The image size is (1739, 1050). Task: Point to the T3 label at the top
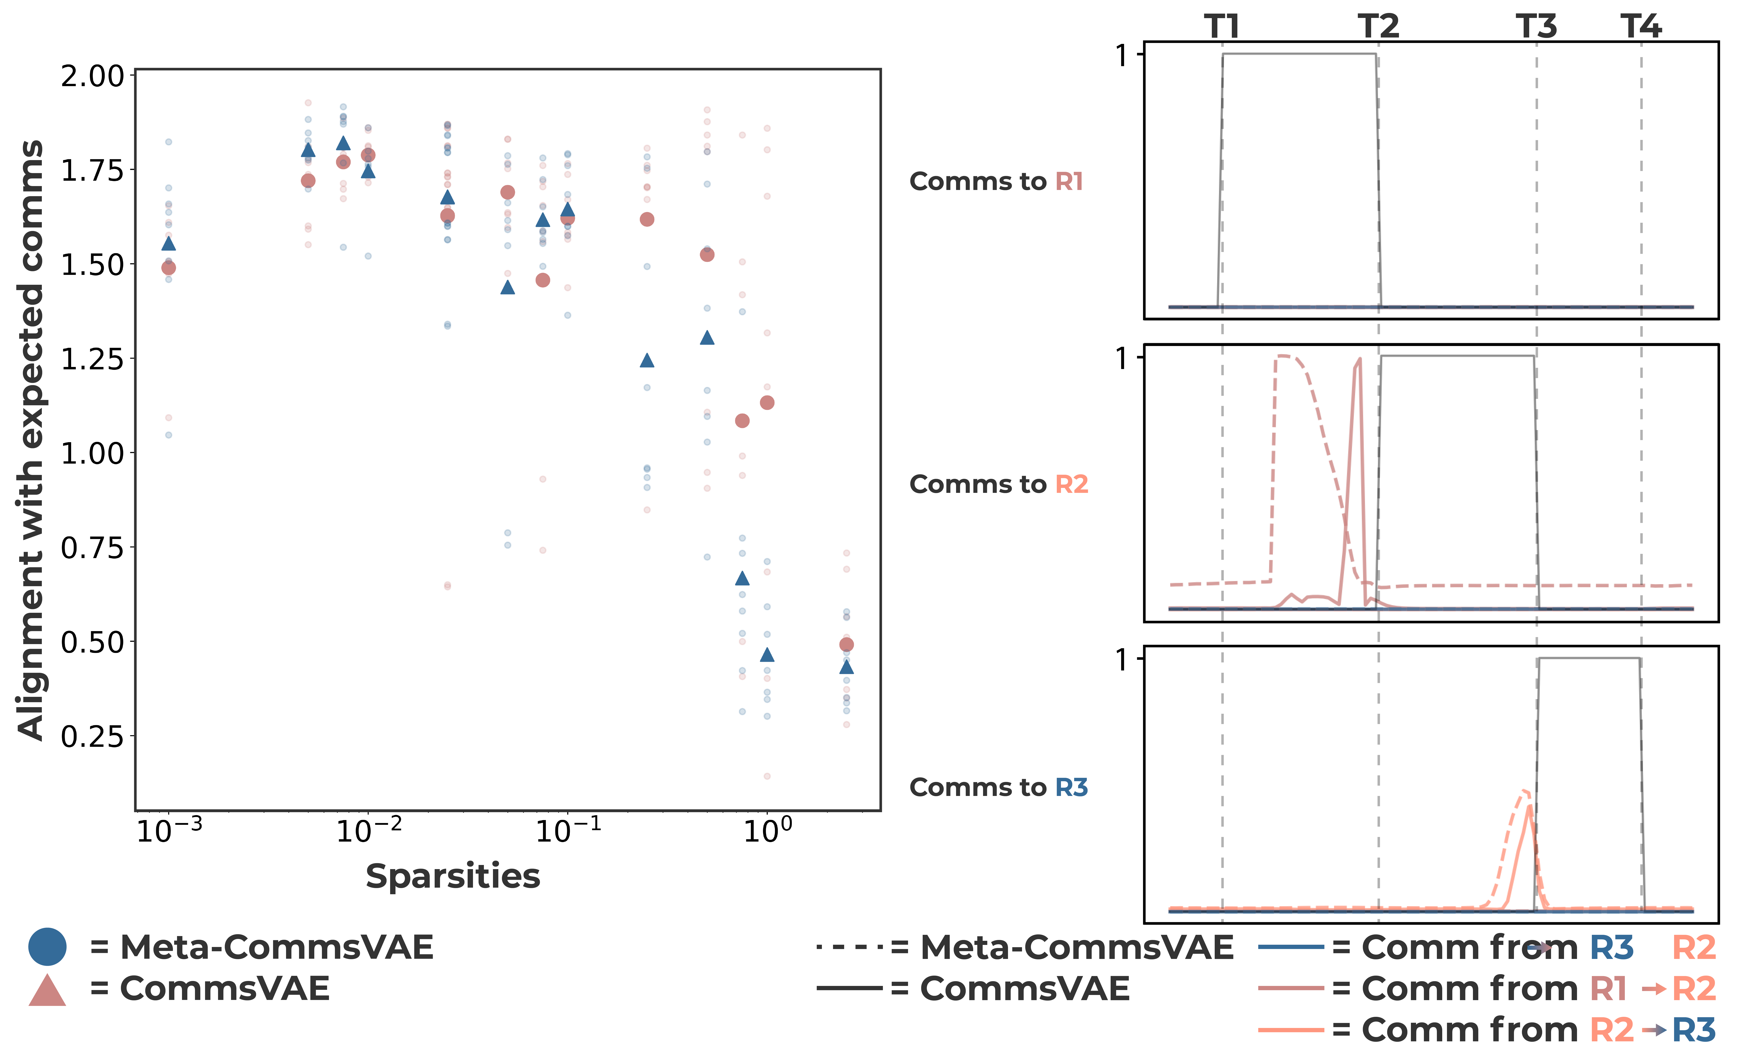pyautogui.click(x=1536, y=27)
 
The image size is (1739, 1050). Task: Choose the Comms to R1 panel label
pyautogui.click(x=996, y=181)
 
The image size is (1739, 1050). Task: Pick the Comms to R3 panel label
pyautogui.click(x=998, y=787)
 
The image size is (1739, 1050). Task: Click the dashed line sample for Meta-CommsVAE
pyautogui.click(x=849, y=947)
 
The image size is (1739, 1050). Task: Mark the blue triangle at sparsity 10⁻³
pyautogui.click(x=169, y=244)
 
